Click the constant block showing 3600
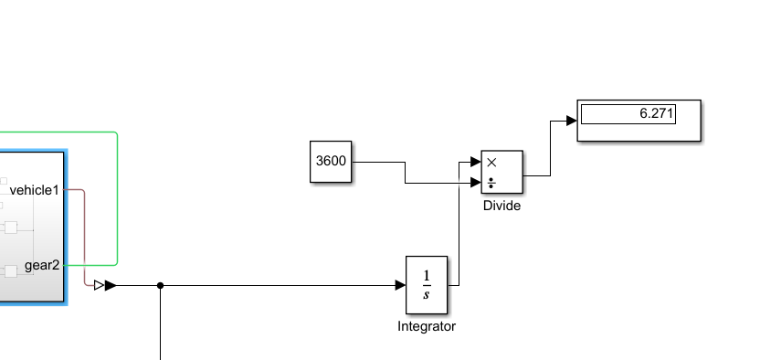330,162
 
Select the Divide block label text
501,206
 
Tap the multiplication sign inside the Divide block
491,162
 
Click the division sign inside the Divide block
491,183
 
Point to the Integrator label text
426,326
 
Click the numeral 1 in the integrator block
427,275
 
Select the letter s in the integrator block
427,294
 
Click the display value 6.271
654,114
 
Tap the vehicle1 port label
34,190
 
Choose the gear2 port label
42,265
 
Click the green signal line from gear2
118,201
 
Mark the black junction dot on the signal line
161,286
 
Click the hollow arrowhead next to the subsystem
100,286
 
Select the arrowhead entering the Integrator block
400,286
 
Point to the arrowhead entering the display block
571,120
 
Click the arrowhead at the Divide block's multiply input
476,163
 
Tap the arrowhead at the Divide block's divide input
476,184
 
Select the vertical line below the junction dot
161,329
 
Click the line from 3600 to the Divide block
379,163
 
